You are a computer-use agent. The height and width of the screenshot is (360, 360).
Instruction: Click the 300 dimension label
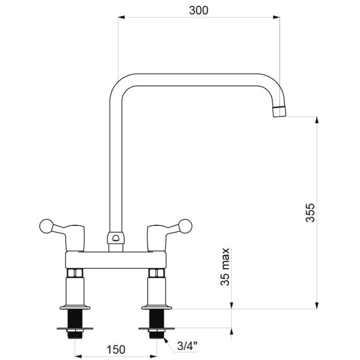click(199, 10)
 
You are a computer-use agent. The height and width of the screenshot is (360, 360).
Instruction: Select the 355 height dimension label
click(310, 212)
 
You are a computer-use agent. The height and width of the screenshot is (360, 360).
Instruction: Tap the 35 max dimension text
click(225, 267)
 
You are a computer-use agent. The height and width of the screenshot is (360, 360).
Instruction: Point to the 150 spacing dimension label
click(116, 350)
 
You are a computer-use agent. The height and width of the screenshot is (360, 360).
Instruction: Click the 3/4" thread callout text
click(187, 346)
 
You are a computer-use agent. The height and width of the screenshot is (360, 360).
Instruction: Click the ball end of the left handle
click(46, 226)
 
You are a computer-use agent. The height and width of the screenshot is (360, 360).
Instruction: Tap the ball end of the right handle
click(185, 226)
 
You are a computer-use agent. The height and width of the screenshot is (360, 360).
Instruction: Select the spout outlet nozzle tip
click(280, 112)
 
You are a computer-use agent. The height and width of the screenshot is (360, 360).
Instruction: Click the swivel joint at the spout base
click(116, 238)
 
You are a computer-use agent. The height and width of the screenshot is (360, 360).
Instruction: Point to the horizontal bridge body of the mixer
click(116, 260)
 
